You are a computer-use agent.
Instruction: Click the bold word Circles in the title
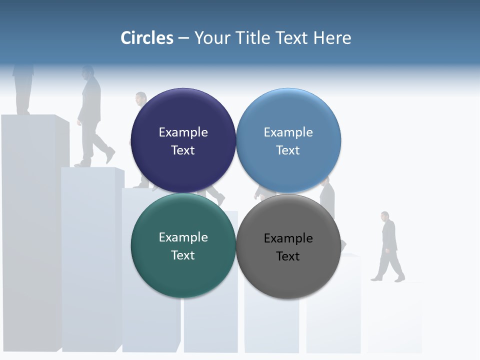tap(147, 37)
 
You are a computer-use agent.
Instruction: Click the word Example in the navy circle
tap(183, 132)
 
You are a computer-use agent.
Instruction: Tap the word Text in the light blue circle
tap(288, 150)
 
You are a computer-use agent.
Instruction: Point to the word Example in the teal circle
tap(183, 237)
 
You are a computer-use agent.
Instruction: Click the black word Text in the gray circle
tap(288, 256)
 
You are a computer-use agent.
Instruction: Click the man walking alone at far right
tap(388, 245)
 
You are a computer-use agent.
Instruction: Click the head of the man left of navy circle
tap(141, 98)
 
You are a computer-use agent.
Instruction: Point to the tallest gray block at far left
tap(30, 230)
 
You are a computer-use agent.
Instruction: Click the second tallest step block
tap(90, 260)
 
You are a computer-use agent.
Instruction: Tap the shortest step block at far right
tap(395, 320)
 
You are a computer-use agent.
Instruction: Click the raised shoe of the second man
tap(110, 155)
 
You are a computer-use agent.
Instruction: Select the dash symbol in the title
tap(183, 38)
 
